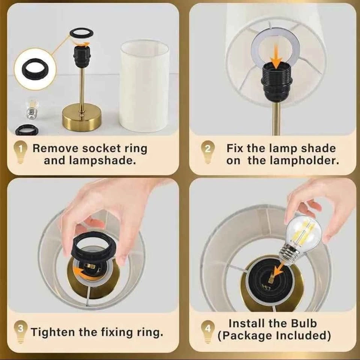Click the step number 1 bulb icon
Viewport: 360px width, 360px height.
point(20,152)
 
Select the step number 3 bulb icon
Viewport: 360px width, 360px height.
point(21,332)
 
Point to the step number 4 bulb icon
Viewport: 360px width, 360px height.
point(208,332)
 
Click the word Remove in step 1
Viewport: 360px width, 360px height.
point(56,148)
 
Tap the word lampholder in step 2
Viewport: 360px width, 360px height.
point(293,161)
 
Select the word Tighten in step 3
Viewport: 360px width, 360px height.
point(53,333)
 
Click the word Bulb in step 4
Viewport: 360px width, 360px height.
point(304,324)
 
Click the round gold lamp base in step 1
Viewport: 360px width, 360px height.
point(81,118)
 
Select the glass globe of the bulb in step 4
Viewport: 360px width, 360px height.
point(304,232)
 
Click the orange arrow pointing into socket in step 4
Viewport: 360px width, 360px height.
point(278,270)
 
